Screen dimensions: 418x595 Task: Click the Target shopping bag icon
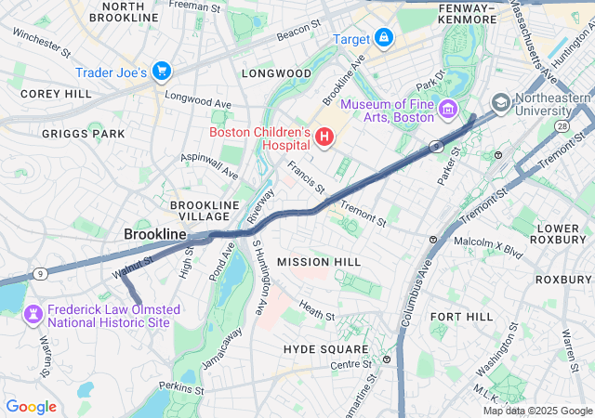click(x=384, y=38)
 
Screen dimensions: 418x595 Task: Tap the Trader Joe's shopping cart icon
click(x=162, y=72)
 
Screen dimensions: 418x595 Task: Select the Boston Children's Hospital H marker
click(x=324, y=138)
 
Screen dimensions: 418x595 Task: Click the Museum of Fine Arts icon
click(x=447, y=111)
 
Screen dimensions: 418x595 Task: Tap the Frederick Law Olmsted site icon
click(x=33, y=316)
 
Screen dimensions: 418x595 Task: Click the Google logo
click(x=31, y=407)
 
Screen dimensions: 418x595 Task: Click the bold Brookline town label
click(x=155, y=235)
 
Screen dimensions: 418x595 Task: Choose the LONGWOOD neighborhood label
click(x=276, y=72)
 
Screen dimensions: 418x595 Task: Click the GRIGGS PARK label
click(x=83, y=134)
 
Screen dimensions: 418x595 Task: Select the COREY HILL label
click(x=56, y=94)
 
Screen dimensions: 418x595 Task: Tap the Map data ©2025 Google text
click(x=536, y=411)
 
